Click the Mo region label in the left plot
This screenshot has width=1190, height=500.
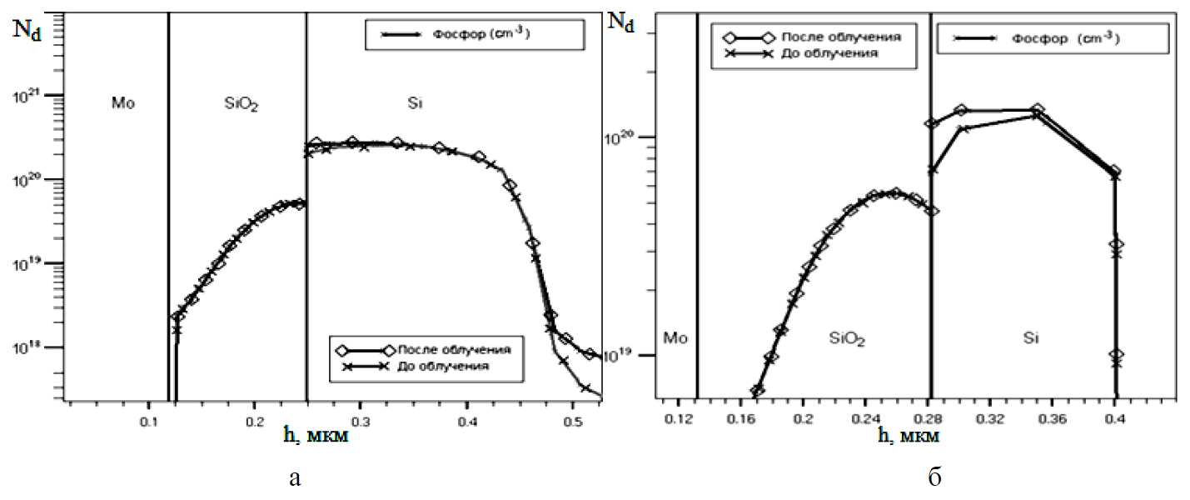click(122, 103)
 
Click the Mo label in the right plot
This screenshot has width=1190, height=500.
click(675, 337)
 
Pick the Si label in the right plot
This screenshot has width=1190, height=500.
click(1032, 337)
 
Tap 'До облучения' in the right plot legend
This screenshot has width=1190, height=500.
click(821, 53)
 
